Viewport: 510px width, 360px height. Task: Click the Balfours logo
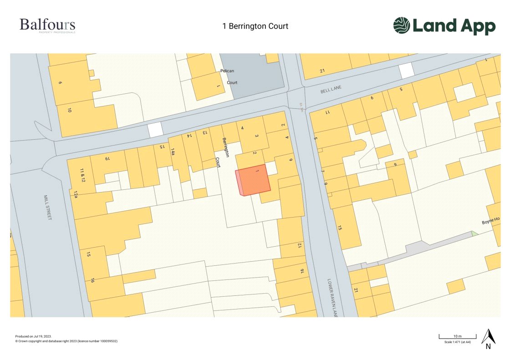47,25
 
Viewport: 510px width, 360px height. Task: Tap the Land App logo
444,26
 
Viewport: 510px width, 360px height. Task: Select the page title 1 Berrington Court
255,26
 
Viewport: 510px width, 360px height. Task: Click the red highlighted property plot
254,180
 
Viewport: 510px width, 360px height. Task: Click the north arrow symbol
488,337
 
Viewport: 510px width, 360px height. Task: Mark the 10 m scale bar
457,337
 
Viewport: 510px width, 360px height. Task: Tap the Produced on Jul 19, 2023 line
33,336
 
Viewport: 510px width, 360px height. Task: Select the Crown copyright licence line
66,341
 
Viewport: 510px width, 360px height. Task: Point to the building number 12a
75,195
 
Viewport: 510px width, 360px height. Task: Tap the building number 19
108,159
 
